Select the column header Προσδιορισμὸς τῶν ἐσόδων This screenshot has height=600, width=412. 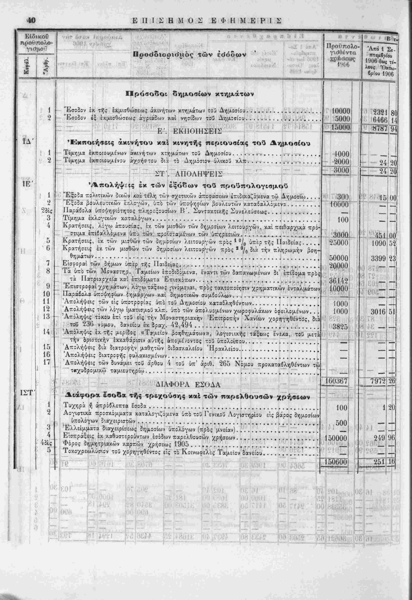tap(190, 55)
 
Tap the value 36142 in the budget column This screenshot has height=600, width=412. tap(339, 280)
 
